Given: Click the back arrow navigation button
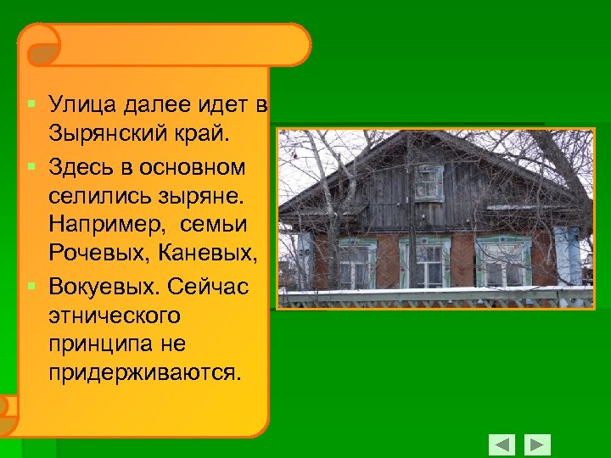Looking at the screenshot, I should click(x=502, y=444).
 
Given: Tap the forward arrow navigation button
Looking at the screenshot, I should click(x=537, y=444).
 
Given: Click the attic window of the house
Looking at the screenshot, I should click(x=429, y=182).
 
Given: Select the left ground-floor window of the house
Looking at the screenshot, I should click(x=356, y=263).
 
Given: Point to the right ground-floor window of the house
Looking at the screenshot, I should click(x=503, y=263).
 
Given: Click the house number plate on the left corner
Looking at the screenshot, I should click(x=303, y=240).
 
